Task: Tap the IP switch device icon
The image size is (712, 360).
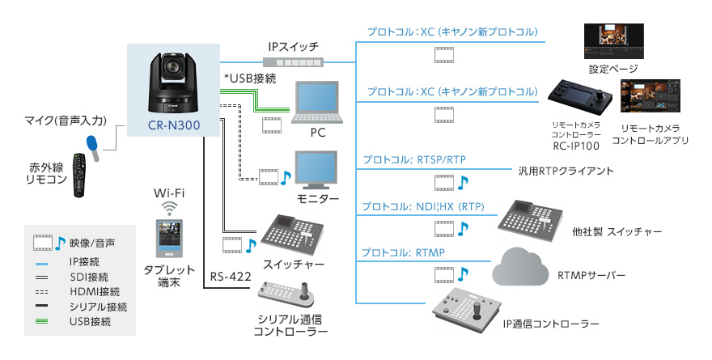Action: point(295,62)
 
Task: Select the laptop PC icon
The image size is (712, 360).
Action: point(318,101)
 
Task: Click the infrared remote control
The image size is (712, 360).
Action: point(78,173)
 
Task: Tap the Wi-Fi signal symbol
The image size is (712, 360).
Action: point(169,208)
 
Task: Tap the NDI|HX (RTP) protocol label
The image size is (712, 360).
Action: point(423,206)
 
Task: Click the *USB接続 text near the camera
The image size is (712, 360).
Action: point(251,79)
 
